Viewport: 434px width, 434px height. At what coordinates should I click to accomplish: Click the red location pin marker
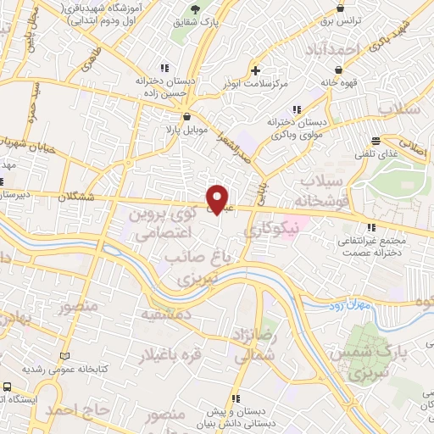[x=218, y=198]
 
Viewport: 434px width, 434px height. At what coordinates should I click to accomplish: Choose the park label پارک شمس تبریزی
[x=403, y=360]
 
